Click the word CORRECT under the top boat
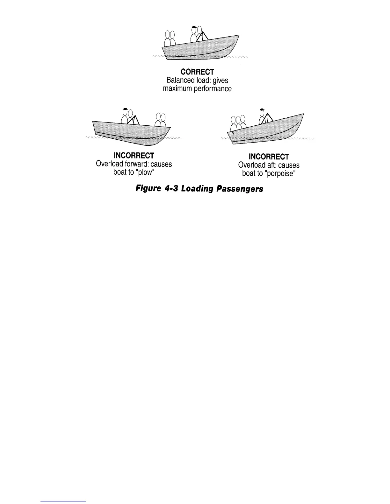point(197,72)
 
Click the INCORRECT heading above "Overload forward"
point(134,156)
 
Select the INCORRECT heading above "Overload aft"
point(269,157)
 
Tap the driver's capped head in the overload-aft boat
point(262,112)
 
